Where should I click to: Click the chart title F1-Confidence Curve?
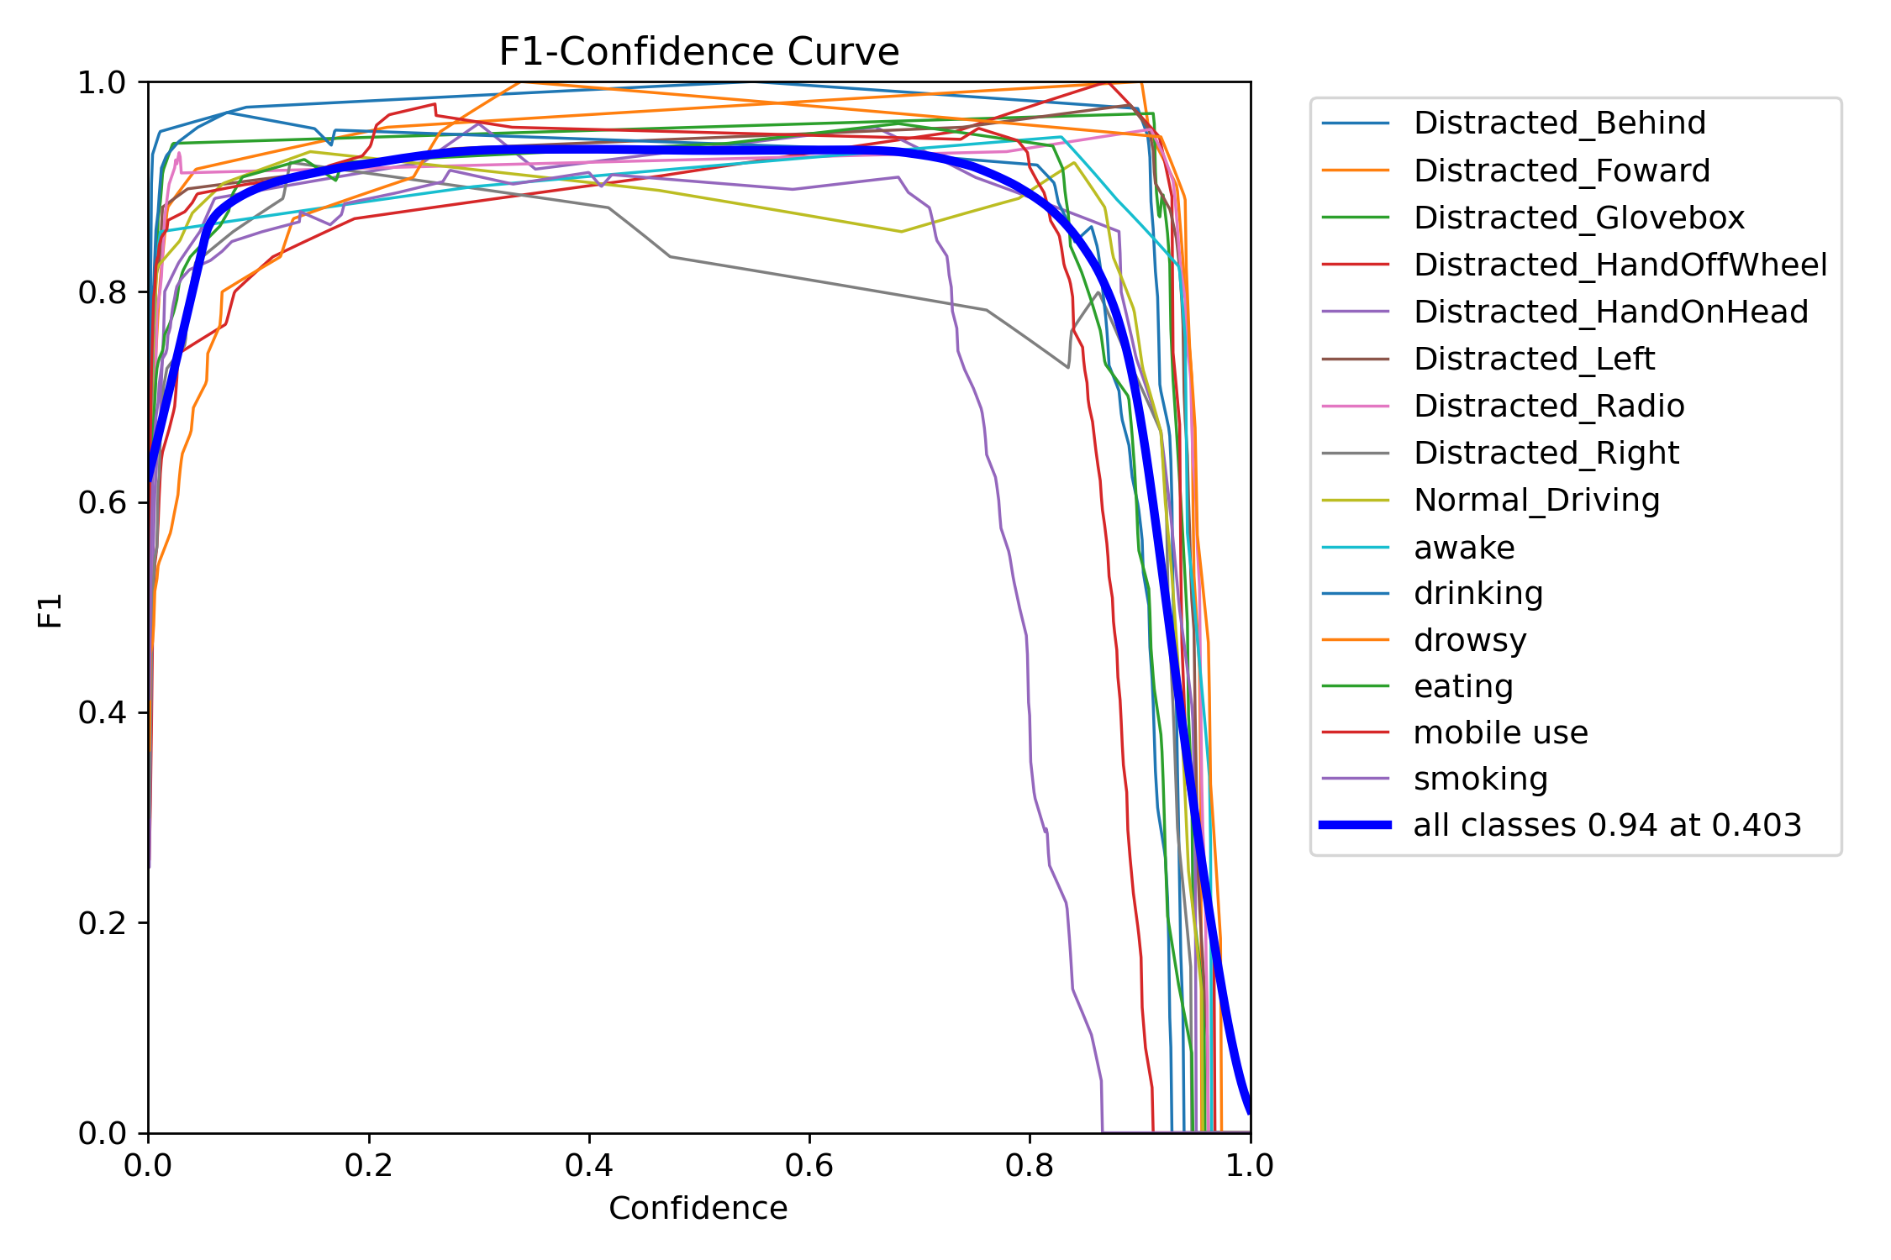click(x=698, y=52)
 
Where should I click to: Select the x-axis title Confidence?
click(x=698, y=1209)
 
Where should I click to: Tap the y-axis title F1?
click(x=50, y=610)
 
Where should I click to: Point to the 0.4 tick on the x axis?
click(x=589, y=1165)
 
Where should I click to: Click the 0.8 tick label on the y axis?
click(x=101, y=292)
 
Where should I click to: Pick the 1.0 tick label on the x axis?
click(x=1250, y=1165)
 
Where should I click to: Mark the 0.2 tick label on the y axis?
click(x=101, y=923)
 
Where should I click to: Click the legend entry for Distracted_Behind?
click(x=1559, y=123)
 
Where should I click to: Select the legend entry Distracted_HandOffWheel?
click(x=1620, y=265)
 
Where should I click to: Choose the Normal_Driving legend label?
click(x=1536, y=501)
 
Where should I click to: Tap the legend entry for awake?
click(x=1464, y=548)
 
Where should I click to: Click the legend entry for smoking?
click(x=1480, y=780)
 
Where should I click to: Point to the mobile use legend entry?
click(x=1500, y=733)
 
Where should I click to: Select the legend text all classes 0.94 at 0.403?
click(x=1607, y=826)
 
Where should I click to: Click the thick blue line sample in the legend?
click(x=1355, y=826)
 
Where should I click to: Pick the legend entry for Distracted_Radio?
click(x=1549, y=407)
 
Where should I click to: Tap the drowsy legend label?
click(x=1469, y=641)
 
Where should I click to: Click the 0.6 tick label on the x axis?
click(x=809, y=1165)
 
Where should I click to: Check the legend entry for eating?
click(x=1463, y=687)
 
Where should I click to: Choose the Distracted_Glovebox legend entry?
click(x=1578, y=218)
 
